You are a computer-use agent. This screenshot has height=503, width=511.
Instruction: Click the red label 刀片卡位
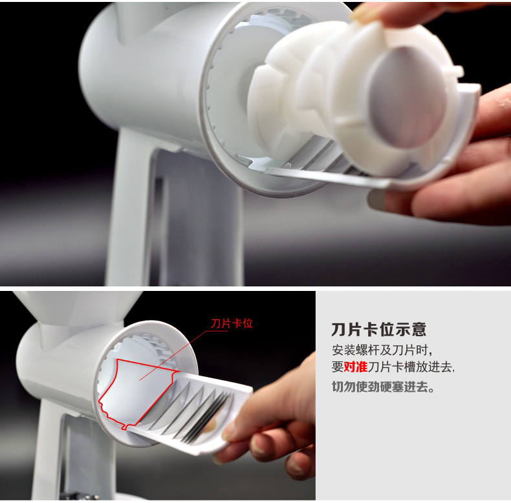tap(232, 323)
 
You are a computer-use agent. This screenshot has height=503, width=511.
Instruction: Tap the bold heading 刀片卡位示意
tap(378, 330)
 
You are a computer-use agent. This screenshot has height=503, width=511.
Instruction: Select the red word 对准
tap(356, 367)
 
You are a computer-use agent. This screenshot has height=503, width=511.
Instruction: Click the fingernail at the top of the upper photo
tap(364, 12)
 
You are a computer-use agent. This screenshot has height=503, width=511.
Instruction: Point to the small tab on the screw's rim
tap(457, 71)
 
